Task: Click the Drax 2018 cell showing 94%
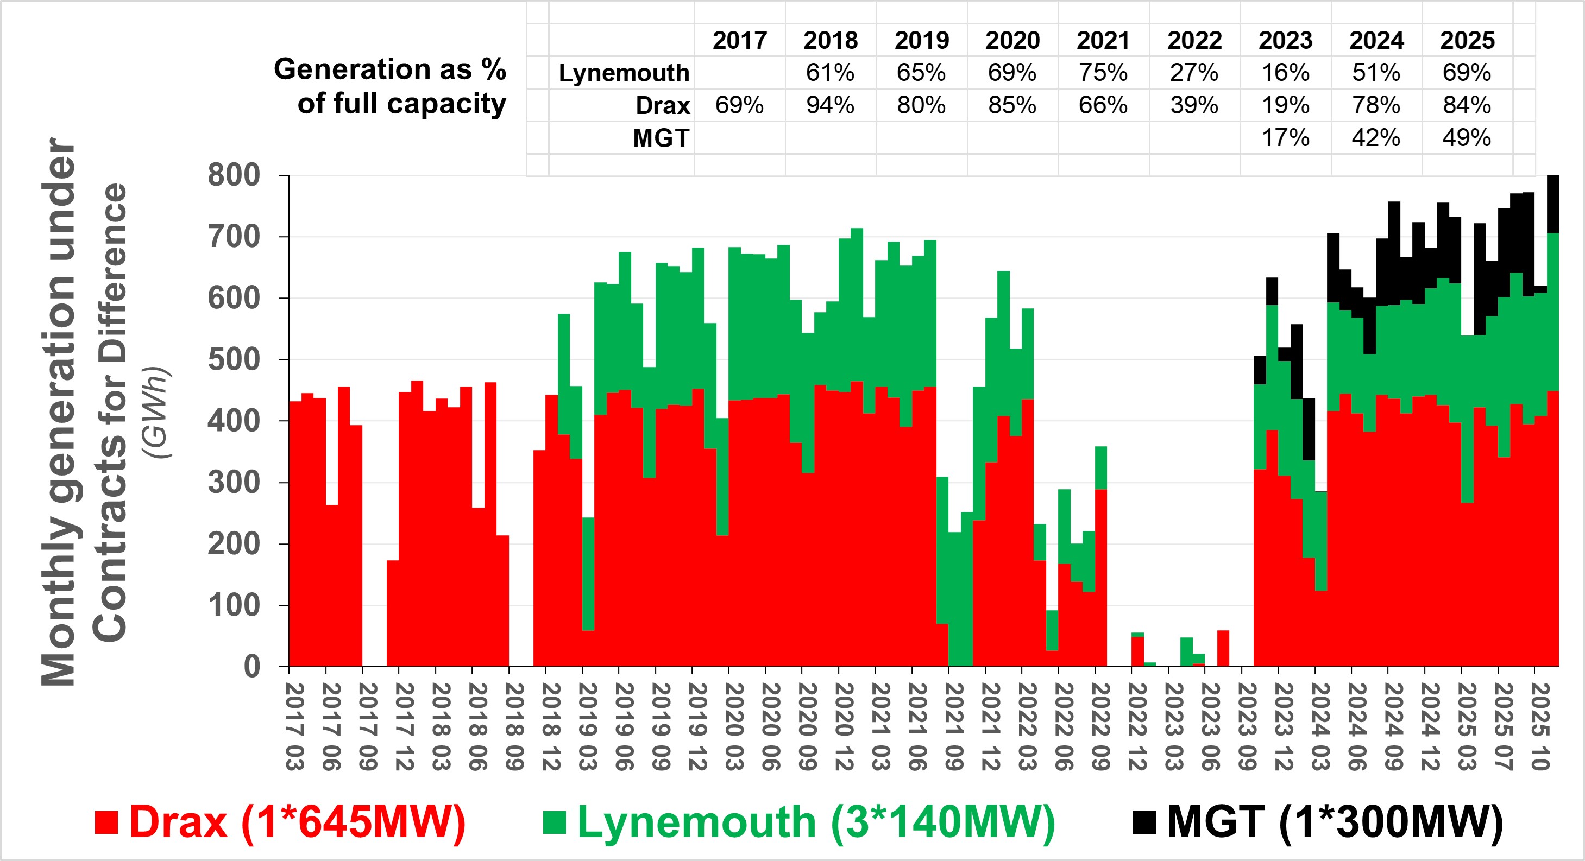click(830, 105)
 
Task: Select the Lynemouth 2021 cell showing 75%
click(1103, 73)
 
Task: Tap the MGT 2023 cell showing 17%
click(1285, 137)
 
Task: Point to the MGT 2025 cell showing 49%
click(1467, 137)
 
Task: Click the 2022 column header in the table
click(1194, 41)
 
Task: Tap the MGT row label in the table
click(661, 138)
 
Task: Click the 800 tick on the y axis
click(234, 175)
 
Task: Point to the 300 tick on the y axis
click(234, 483)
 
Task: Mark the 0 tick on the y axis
click(251, 667)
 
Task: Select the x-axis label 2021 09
click(954, 726)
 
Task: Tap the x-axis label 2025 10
click(1539, 726)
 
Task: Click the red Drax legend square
click(106, 823)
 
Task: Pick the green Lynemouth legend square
click(555, 823)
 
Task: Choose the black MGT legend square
click(1144, 823)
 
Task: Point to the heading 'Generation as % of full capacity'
click(390, 86)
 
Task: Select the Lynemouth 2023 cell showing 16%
click(1285, 73)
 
